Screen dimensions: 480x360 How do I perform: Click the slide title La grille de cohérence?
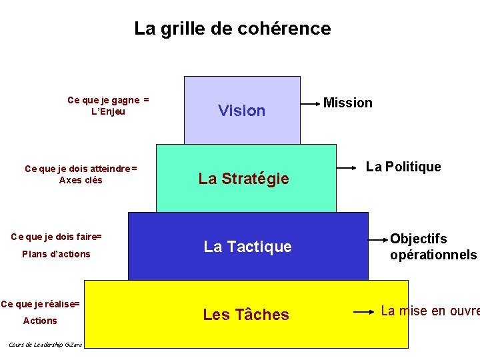[x=232, y=29]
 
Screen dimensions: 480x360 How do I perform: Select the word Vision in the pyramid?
[x=241, y=111]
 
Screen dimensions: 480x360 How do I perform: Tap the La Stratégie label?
[x=243, y=179]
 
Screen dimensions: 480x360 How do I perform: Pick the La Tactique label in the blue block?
[x=247, y=247]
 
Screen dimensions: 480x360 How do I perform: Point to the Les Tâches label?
[x=246, y=315]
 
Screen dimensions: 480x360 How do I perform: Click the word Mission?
[x=347, y=103]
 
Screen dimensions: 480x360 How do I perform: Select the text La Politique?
[x=403, y=167]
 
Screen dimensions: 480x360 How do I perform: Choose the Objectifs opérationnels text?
[x=433, y=247]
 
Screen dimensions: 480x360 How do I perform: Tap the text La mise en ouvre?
[x=430, y=311]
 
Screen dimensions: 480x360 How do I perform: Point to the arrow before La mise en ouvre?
[x=363, y=311]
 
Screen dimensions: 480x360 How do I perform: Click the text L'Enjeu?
[x=108, y=111]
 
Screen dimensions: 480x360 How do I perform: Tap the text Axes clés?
[x=81, y=180]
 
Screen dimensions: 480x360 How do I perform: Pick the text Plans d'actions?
[x=56, y=254]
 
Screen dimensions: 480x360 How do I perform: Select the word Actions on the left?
[x=40, y=321]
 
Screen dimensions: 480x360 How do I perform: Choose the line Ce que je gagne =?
[x=108, y=100]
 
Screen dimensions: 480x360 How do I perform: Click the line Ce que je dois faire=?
[x=57, y=237]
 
